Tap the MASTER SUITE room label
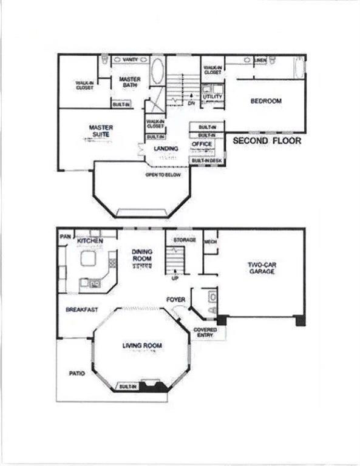(x=101, y=130)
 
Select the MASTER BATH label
(x=129, y=82)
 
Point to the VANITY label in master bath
(x=130, y=60)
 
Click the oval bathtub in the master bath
(x=157, y=71)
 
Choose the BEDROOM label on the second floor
(x=266, y=101)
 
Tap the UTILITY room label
(x=212, y=96)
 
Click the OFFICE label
(x=202, y=144)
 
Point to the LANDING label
(x=165, y=148)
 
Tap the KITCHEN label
(x=90, y=241)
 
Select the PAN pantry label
(x=64, y=235)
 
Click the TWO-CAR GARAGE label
(x=261, y=268)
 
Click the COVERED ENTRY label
(x=205, y=333)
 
